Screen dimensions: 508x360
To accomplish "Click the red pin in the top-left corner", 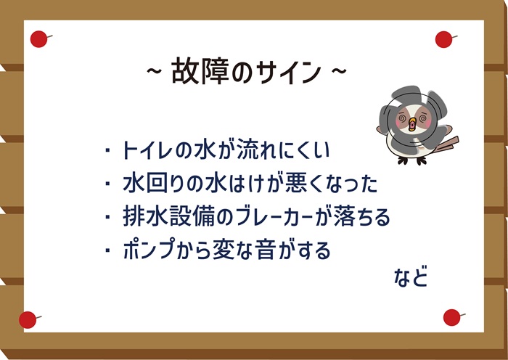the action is click(39, 39).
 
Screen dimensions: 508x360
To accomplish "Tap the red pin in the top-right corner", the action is click(444, 39).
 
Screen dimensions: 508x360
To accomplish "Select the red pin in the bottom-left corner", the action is click(28, 320).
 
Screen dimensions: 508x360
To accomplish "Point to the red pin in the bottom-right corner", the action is click(452, 318).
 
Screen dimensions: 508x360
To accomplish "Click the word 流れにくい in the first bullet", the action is click(283, 150).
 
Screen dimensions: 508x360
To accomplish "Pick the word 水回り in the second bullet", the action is click(153, 184).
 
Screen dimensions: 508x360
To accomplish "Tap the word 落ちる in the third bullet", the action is click(361, 216).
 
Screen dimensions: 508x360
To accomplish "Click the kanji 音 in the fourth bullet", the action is click(265, 250).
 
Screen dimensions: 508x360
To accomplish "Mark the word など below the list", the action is click(411, 277).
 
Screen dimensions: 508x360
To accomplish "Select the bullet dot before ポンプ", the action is click(107, 250).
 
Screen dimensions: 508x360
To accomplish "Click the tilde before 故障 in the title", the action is click(154, 71).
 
